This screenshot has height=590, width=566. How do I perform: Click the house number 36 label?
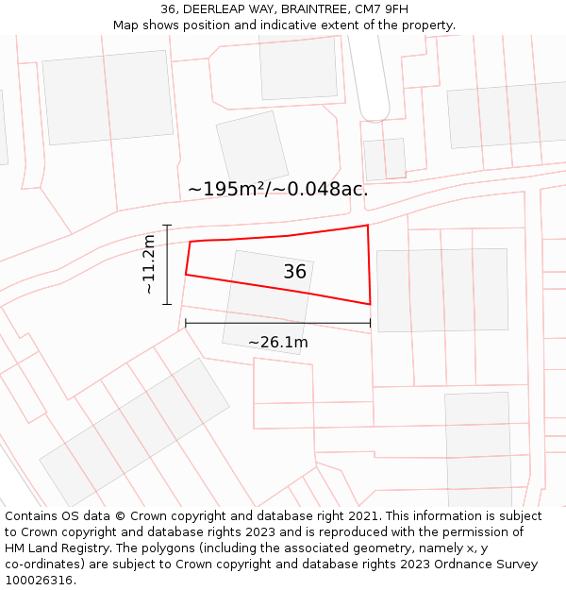point(295,272)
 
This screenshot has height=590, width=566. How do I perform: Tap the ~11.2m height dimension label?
point(149,265)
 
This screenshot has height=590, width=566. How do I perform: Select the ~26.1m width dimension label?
point(277,343)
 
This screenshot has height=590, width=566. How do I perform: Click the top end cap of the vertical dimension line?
point(167,225)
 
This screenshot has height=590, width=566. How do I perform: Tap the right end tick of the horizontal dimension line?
point(370,323)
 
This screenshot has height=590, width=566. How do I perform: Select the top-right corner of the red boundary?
point(367,225)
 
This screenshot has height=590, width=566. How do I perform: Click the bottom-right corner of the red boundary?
point(370,304)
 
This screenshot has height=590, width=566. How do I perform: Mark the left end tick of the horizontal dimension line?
point(186,323)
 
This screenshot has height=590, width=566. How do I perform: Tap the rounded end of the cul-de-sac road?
point(375,113)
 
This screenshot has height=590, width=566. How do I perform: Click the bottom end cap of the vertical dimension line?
point(167,304)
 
